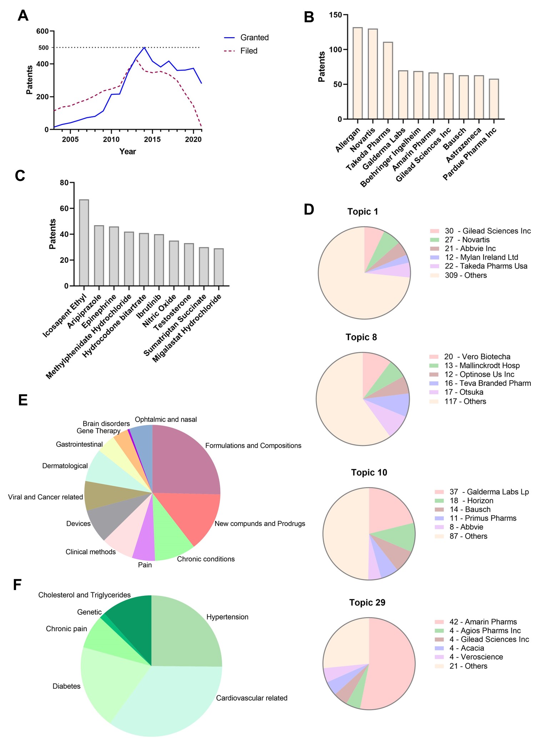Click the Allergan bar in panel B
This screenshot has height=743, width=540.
click(x=357, y=73)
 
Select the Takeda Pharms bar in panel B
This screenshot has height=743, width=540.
click(x=388, y=80)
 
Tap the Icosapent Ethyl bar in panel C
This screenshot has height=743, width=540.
click(x=84, y=243)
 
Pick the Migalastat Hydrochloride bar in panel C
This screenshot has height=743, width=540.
click(x=219, y=267)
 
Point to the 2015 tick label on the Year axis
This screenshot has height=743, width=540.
click(x=152, y=139)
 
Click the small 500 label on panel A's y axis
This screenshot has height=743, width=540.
click(x=44, y=48)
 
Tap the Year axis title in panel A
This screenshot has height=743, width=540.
click(x=127, y=152)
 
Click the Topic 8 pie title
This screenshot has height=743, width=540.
click(x=361, y=337)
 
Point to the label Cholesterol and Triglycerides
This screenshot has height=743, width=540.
click(x=84, y=595)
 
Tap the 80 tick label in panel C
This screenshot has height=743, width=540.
click(x=64, y=183)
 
